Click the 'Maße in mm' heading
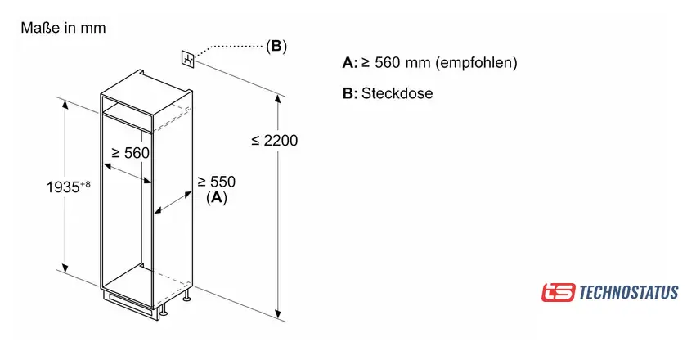point(63,28)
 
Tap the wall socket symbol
point(189,59)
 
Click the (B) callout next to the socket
point(276,46)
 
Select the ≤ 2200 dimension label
point(274,141)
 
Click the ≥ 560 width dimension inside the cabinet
point(130,153)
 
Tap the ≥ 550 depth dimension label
point(216,182)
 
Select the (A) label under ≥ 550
point(216,198)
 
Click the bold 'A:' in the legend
point(350,63)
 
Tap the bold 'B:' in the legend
point(350,93)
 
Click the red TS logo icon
point(558,292)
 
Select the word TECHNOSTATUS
point(627,292)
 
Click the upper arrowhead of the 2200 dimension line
point(279,99)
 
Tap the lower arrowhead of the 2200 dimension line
point(279,315)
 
